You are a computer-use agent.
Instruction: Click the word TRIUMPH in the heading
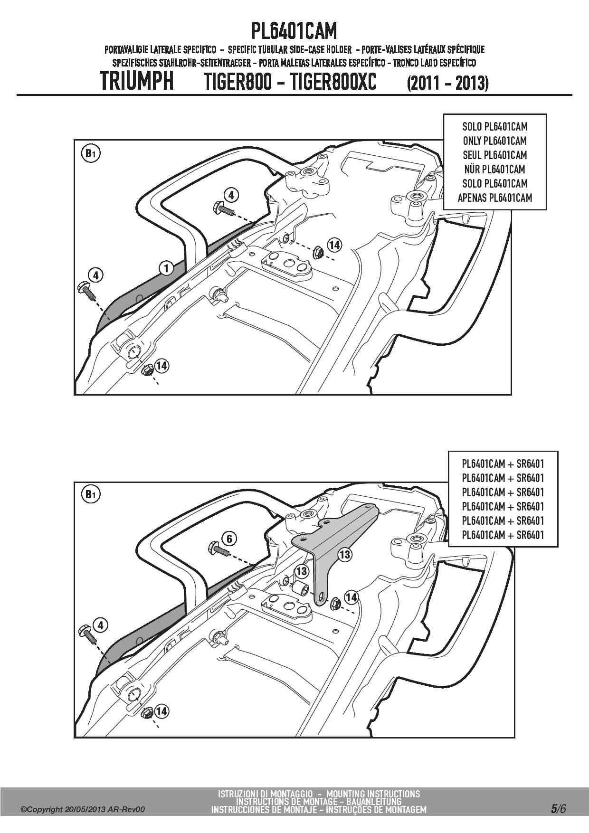(x=137, y=81)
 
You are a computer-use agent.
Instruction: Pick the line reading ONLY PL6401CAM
(x=494, y=141)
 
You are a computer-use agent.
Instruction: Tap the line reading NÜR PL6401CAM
(x=494, y=169)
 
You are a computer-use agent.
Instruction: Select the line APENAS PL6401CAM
(x=494, y=198)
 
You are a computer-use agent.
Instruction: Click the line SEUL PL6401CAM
(x=494, y=155)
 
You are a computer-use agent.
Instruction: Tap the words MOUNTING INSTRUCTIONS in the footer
(x=373, y=794)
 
